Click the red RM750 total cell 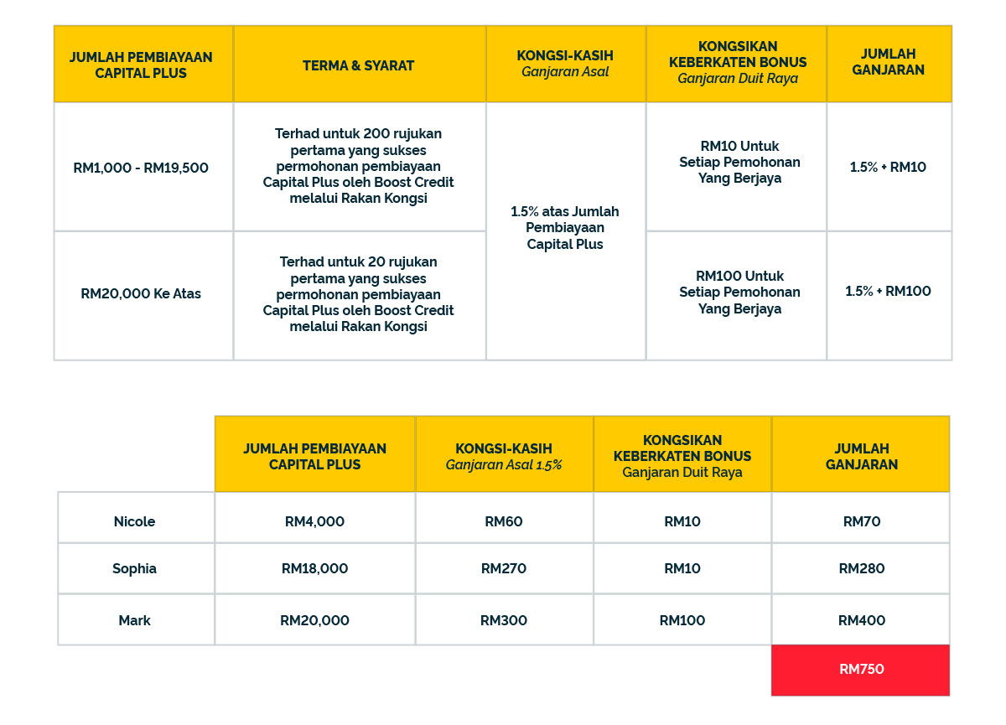click(861, 670)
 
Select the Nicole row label click(135, 521)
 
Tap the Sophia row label click(135, 568)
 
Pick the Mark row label click(135, 620)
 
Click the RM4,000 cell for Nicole click(314, 521)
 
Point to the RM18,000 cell click(314, 568)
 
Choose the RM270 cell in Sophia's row click(504, 568)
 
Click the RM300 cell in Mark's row click(504, 620)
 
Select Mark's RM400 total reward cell click(861, 620)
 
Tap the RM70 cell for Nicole click(861, 521)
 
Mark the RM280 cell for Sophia click(861, 568)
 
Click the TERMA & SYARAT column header click(359, 65)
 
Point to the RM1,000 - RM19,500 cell click(141, 168)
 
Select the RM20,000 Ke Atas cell click(141, 294)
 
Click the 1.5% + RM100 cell click(888, 292)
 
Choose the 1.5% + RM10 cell click(888, 167)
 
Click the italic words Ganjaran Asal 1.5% click(504, 465)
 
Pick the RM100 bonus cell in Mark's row click(682, 620)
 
